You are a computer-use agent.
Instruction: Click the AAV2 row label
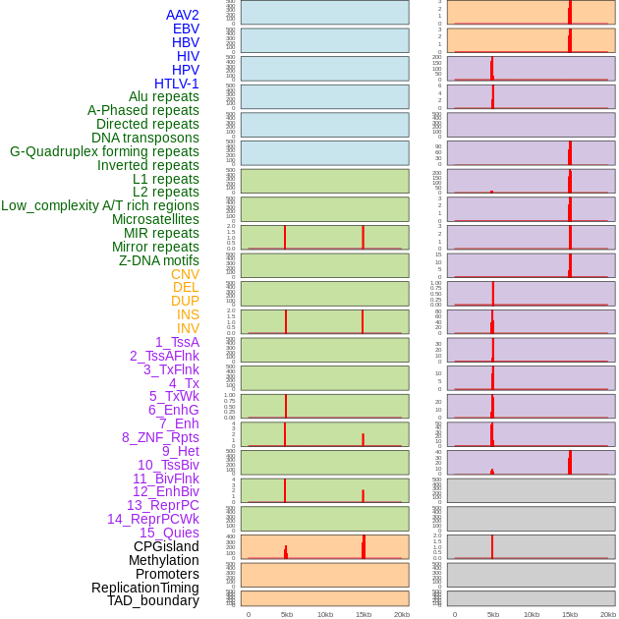[182, 15]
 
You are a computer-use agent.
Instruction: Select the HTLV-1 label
[176, 84]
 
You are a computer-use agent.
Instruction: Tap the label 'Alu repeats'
[163, 96]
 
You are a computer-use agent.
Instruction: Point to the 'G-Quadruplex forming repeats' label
[104, 151]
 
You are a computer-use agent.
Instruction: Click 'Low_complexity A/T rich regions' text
[100, 205]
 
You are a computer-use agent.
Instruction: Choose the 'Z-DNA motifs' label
[159, 260]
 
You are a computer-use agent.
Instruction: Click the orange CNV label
[185, 274]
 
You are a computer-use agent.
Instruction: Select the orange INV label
[188, 328]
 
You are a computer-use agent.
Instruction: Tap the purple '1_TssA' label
[177, 342]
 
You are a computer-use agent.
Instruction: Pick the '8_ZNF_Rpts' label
[160, 437]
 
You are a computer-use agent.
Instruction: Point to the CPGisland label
[166, 546]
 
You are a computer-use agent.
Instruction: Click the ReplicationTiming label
[145, 588]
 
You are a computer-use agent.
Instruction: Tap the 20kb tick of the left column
[401, 614]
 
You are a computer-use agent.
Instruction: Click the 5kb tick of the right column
[492, 614]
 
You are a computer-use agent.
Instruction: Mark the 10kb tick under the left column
[324, 614]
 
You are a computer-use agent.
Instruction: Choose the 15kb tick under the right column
[569, 614]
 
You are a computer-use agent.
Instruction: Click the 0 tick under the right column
[454, 614]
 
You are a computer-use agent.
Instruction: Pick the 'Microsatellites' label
[155, 219]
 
